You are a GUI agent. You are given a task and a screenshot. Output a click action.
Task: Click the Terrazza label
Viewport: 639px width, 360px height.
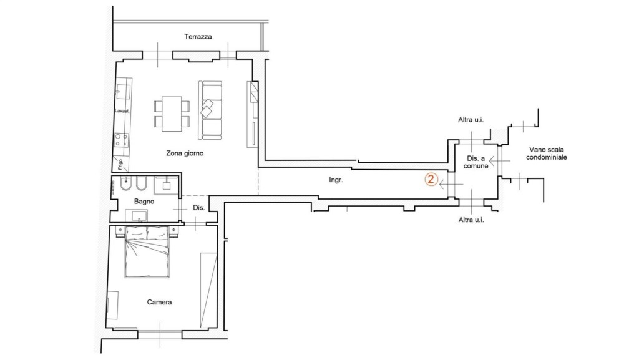[198, 37]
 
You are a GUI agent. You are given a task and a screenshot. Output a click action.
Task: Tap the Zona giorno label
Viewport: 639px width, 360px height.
[185, 153]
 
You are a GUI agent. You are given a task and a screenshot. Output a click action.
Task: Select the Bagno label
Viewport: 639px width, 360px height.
[144, 201]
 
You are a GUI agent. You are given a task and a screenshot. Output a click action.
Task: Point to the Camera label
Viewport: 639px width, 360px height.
[159, 302]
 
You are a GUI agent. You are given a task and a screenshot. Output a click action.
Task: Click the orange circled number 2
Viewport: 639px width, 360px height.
[431, 180]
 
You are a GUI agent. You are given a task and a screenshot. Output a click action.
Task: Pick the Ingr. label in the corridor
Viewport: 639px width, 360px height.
[336, 180]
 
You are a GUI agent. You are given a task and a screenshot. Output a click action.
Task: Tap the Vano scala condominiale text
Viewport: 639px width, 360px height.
[547, 153]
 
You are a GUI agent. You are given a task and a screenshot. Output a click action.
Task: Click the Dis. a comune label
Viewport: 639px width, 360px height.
[476, 162]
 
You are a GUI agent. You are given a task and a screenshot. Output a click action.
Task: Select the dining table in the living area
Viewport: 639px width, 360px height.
[172, 114]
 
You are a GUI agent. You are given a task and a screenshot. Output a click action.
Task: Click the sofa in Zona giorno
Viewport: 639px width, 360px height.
[210, 110]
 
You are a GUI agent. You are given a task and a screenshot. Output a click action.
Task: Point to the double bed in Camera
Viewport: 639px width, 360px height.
[147, 252]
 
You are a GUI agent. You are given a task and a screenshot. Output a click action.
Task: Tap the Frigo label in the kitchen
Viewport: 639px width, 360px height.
[120, 164]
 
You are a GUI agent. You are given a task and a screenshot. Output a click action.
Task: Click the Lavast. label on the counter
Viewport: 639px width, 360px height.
[122, 111]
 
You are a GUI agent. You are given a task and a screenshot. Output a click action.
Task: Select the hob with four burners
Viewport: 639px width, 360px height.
[121, 140]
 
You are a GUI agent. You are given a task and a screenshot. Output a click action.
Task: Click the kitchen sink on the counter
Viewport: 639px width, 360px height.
[123, 92]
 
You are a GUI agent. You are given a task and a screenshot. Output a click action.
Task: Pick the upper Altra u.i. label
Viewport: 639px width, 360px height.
[471, 120]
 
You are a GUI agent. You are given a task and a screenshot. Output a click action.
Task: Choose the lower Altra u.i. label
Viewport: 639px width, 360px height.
[471, 220]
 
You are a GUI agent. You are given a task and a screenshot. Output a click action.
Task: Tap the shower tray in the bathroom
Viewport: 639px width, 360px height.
[166, 185]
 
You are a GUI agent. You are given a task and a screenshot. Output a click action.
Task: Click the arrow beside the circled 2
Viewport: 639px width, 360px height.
[451, 185]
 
